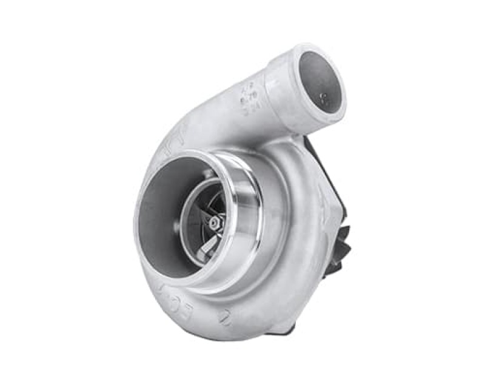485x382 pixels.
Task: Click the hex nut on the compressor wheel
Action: point(214,223)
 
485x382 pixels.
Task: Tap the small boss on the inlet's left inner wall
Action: point(176,226)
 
